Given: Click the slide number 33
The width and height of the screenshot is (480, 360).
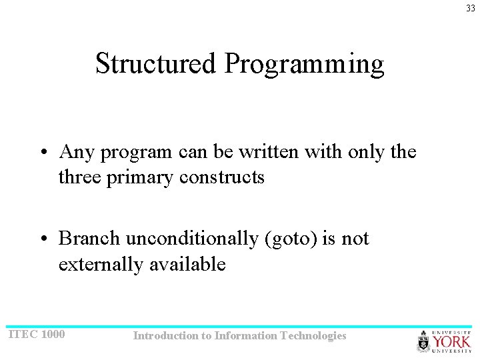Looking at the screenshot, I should point(471,8).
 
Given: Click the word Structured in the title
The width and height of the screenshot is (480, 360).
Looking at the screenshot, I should point(156,64).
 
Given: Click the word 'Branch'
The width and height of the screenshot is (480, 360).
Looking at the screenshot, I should point(90,238).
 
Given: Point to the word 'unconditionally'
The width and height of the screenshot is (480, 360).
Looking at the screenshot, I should point(192,239).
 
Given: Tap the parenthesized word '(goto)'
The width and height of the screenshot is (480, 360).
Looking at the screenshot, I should point(292,239).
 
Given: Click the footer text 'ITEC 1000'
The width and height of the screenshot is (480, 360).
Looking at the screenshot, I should point(36,334).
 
